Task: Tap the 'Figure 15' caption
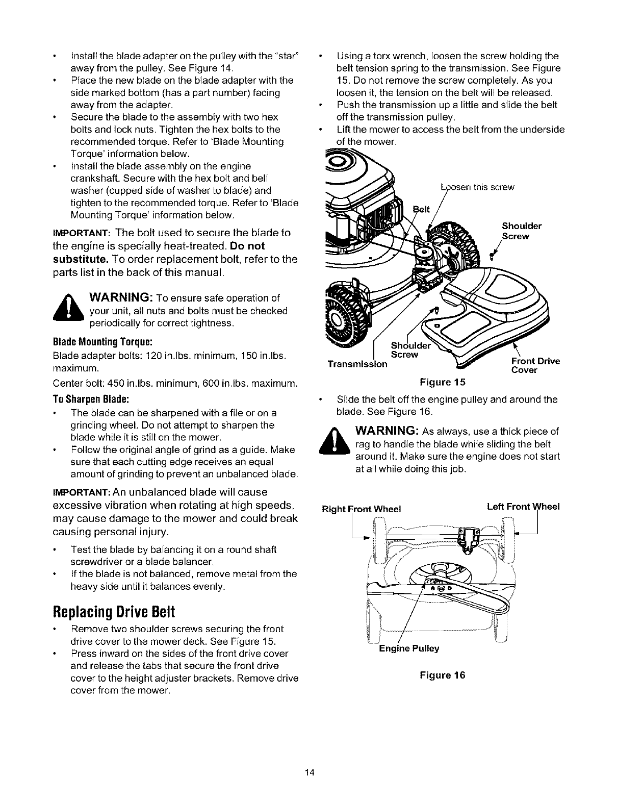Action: (443, 382)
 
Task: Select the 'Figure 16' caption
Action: (443, 675)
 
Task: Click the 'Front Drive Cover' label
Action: (535, 365)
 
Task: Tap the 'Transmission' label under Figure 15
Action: (357, 364)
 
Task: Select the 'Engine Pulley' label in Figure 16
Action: (409, 648)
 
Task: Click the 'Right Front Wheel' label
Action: (362, 509)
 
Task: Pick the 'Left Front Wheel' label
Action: (523, 507)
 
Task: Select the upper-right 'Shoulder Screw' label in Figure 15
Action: (521, 231)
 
